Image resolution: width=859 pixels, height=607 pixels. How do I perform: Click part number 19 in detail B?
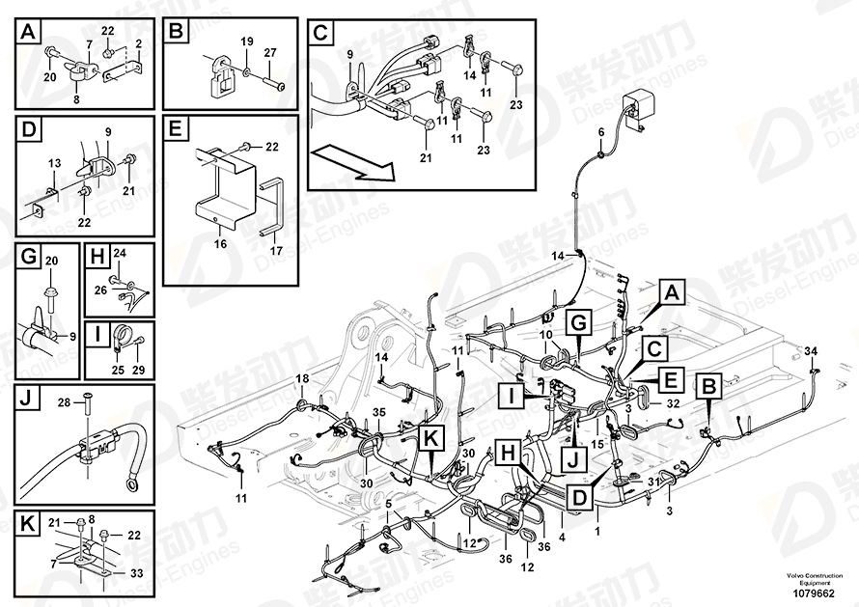(246, 41)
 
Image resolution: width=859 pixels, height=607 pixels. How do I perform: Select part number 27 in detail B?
(270, 51)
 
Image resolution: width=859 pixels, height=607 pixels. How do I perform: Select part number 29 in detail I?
(137, 370)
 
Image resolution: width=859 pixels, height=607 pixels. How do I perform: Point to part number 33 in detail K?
(136, 573)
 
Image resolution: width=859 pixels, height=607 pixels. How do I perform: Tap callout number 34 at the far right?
(810, 349)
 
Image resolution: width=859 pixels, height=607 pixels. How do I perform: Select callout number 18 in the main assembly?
(301, 377)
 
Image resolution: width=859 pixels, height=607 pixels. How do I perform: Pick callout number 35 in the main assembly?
(378, 413)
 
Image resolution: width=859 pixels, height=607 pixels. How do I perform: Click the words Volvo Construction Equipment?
(809, 578)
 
